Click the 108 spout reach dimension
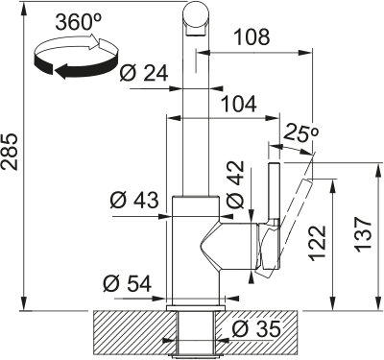pyautogui.click(x=252, y=38)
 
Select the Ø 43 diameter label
pyautogui.click(x=134, y=201)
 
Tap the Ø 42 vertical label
pyautogui.click(x=234, y=187)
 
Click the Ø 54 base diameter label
pyautogui.click(x=128, y=283)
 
